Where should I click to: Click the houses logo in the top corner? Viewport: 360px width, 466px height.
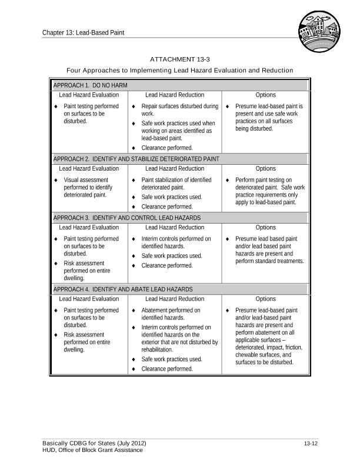pos(319,33)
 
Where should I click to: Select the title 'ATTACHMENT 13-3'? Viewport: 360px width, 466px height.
pos(180,59)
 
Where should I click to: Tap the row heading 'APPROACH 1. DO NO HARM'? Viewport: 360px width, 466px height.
pos(91,85)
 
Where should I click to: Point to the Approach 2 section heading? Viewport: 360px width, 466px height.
pos(136,159)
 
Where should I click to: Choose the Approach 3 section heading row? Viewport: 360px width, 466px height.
pos(127,218)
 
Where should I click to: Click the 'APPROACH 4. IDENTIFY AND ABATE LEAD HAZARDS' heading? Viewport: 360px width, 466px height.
pos(123,289)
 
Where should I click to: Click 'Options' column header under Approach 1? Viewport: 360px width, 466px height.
pos(266,95)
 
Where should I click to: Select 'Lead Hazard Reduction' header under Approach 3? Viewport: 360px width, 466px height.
pos(175,227)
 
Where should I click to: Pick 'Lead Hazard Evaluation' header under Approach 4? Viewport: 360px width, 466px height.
pos(89,299)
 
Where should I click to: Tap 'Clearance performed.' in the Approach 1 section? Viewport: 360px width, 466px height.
pos(167,148)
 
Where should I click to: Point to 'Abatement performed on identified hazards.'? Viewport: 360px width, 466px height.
pos(171,314)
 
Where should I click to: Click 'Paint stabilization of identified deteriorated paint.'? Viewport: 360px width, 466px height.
pos(176,184)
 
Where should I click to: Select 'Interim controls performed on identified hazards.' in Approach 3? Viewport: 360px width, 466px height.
pos(176,242)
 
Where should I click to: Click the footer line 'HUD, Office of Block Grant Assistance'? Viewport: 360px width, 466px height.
pos(92,450)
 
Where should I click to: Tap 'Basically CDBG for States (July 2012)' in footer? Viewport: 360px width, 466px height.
pos(94,443)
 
